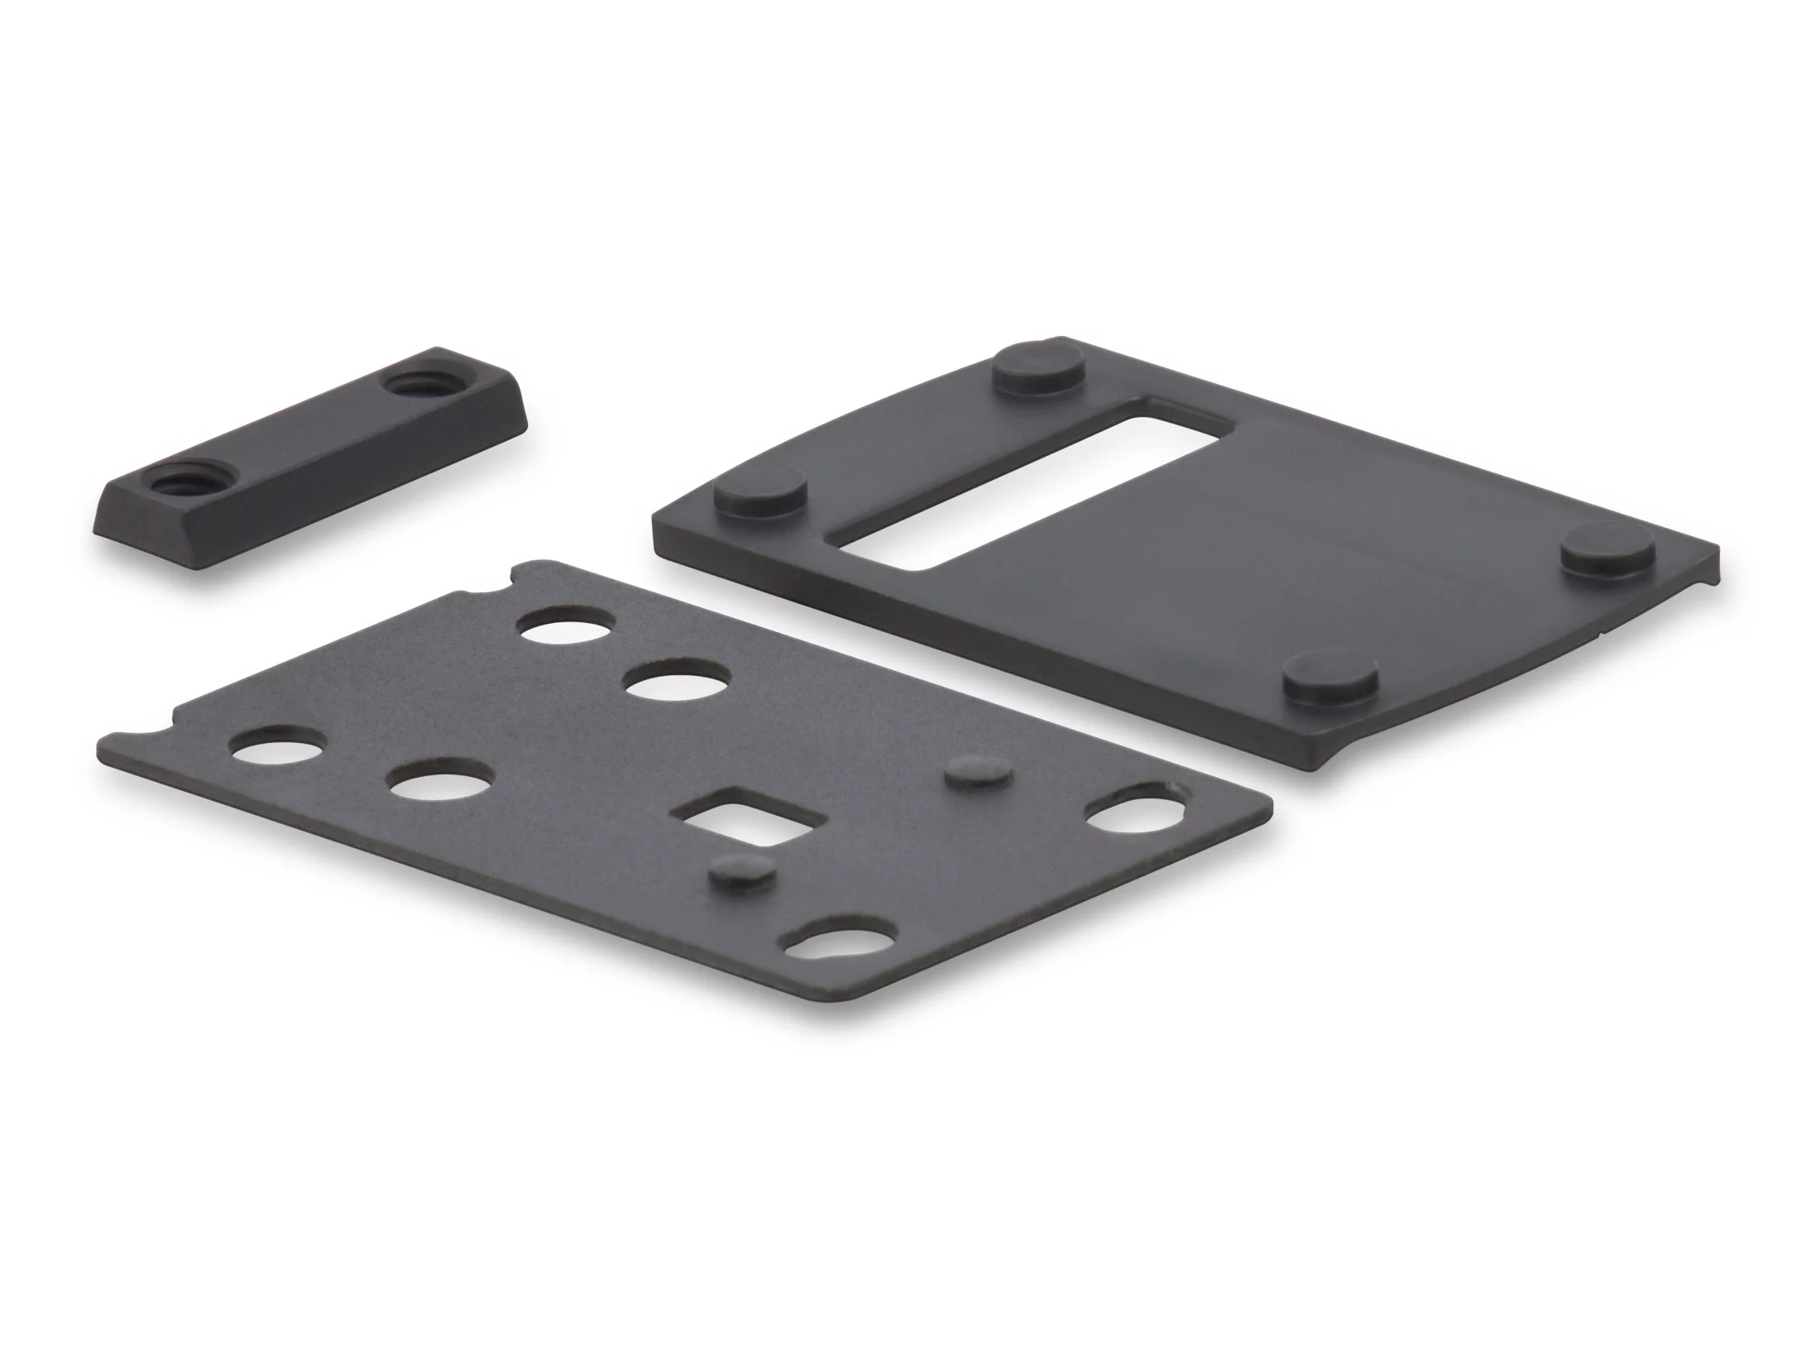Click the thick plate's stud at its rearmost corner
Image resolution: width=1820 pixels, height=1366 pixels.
(x=1040, y=367)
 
